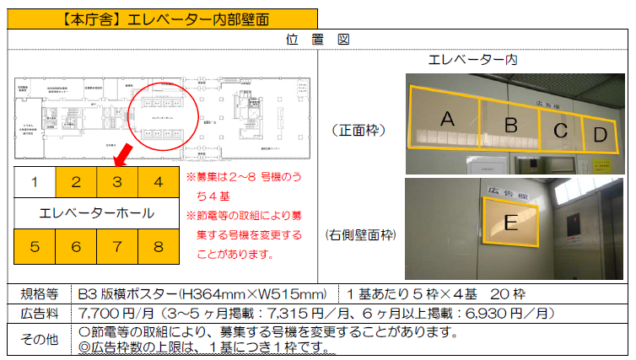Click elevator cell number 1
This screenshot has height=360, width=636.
coord(35,181)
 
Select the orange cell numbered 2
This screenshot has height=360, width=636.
coord(76,181)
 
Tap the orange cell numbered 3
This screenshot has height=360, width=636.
coord(117,181)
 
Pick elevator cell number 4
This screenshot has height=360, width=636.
coord(158,181)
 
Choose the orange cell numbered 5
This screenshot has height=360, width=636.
coord(35,247)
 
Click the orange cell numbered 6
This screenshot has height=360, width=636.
coord(76,247)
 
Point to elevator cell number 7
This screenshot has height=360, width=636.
coord(117,247)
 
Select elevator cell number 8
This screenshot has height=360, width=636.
coord(158,247)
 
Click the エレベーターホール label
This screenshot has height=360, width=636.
coord(96,213)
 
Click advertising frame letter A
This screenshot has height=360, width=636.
coord(447,121)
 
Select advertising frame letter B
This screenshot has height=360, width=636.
coord(510,126)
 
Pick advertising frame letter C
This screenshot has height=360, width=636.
coord(560,131)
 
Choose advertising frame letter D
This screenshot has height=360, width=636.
coord(599,133)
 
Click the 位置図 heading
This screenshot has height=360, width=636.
coord(318,40)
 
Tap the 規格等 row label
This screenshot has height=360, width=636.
coord(40,294)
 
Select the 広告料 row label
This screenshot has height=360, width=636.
coord(40,313)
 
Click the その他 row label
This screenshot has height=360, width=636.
coord(40,338)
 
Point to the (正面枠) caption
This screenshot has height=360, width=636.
coord(360,131)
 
